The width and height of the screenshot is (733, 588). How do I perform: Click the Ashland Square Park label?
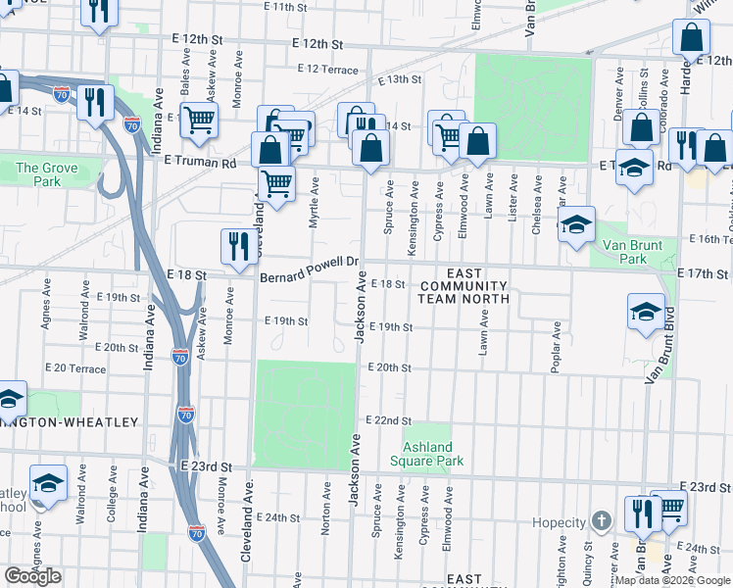point(426,454)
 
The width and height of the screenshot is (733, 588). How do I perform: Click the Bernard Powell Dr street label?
point(311,269)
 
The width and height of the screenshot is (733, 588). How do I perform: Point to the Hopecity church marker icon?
point(602,522)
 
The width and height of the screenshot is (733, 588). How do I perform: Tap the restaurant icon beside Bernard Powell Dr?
point(238,246)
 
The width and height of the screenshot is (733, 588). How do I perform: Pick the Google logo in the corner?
point(32,576)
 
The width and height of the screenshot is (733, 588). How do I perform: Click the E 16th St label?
point(709,239)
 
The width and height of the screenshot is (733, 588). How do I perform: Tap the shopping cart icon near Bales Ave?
point(199,120)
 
